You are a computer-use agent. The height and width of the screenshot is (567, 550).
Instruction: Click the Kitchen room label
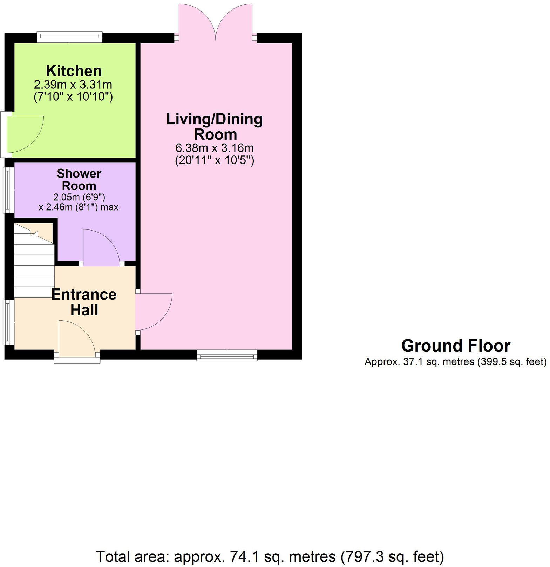pos(74,71)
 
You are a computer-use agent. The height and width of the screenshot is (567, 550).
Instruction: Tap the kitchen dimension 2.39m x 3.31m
pos(73,85)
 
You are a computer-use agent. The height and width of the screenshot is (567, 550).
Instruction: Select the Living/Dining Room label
pos(215,127)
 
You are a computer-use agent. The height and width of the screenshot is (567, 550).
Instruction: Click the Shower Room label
pos(79,179)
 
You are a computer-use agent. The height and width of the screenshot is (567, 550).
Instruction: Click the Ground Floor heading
pos(455,346)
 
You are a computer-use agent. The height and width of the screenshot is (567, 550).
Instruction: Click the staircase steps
pos(34,267)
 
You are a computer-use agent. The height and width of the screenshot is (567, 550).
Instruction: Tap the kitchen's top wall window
pos(70,37)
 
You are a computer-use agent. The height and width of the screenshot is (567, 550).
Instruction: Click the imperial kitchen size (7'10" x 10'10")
pos(73,96)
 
